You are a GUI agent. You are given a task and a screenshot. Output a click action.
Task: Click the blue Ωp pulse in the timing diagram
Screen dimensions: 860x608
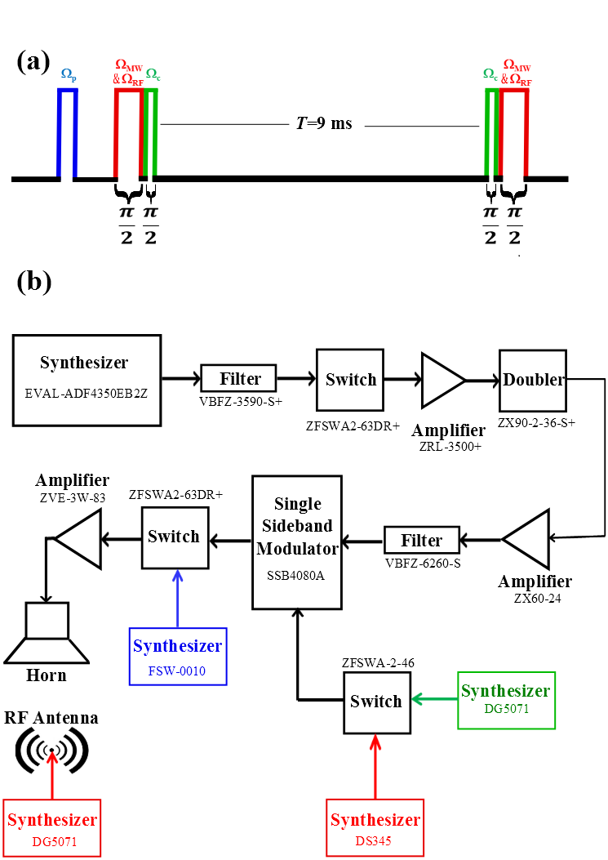pyautogui.click(x=67, y=131)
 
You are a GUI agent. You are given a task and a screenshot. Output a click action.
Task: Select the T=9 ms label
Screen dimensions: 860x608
pyautogui.click(x=323, y=123)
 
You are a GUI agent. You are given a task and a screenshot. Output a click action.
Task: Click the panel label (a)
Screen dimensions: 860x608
pyautogui.click(x=33, y=63)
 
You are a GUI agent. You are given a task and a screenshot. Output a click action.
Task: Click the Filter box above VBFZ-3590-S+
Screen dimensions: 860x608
pyautogui.click(x=239, y=378)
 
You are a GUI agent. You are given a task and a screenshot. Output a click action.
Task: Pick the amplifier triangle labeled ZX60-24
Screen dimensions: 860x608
pyautogui.click(x=528, y=538)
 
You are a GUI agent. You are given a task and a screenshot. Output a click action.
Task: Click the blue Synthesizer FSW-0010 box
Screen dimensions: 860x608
pyautogui.click(x=177, y=655)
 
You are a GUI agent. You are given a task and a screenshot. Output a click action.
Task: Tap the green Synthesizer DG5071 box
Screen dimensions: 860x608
pyautogui.click(x=505, y=699)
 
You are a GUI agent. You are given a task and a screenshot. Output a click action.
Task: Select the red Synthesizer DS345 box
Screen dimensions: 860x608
pyautogui.click(x=375, y=827)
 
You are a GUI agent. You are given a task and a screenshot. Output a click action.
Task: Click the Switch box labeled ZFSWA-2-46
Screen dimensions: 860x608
pyautogui.click(x=375, y=701)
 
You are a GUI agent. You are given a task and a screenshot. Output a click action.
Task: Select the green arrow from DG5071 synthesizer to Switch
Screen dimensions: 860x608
pyautogui.click(x=434, y=700)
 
